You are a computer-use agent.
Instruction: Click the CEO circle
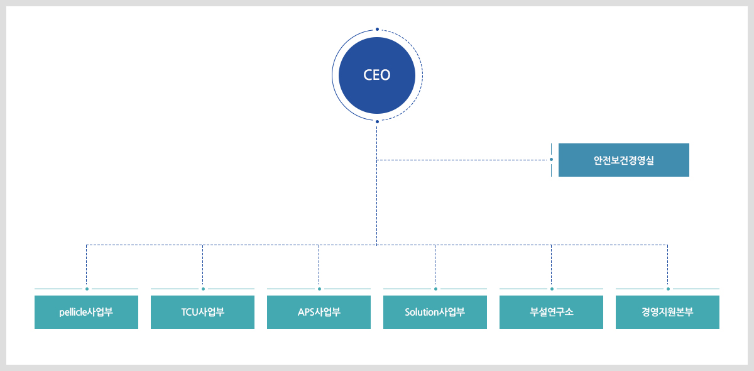click(x=376, y=75)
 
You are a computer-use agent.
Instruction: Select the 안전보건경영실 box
click(x=624, y=160)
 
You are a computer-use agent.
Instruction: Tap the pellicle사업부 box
click(x=86, y=312)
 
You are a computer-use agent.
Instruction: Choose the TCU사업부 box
click(x=202, y=312)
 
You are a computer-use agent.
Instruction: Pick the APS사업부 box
click(x=319, y=312)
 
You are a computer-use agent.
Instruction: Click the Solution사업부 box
click(x=435, y=312)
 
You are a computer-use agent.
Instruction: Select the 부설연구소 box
click(x=552, y=312)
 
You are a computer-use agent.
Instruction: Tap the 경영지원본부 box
click(x=667, y=312)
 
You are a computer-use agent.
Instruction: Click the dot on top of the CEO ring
click(x=378, y=30)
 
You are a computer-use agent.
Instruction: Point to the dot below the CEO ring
click(x=378, y=121)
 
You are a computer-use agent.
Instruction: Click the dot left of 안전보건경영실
click(x=552, y=159)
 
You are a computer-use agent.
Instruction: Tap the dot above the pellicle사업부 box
click(x=87, y=289)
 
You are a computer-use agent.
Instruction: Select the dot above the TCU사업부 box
click(x=203, y=289)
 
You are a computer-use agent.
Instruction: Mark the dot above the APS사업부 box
click(x=319, y=289)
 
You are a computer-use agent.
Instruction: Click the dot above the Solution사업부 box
click(x=435, y=289)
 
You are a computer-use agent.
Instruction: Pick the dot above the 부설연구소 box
click(x=552, y=289)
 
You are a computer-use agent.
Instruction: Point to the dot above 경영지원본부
click(x=668, y=289)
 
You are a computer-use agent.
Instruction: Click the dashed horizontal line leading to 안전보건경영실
click(x=463, y=160)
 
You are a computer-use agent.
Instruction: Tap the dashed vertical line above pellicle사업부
click(x=87, y=265)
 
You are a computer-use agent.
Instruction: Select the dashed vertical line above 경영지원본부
click(x=667, y=265)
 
